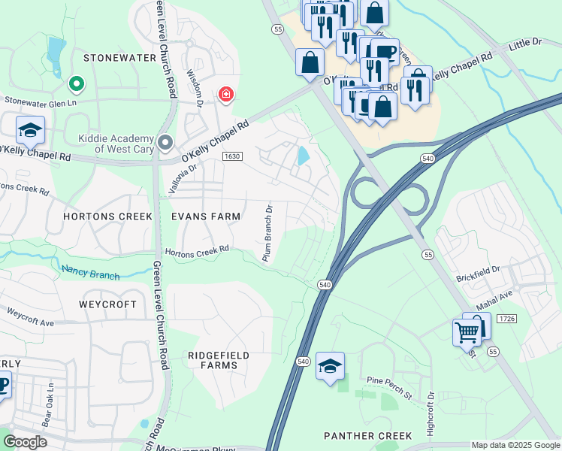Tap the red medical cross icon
[x=225, y=95]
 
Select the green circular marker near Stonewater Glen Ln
[x=76, y=83]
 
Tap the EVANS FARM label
[x=206, y=216]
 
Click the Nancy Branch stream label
[x=90, y=272]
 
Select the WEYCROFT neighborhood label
[x=108, y=304]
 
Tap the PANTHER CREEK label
[x=367, y=436]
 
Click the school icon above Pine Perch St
[x=330, y=366]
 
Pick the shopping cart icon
[x=467, y=331]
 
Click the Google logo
[x=25, y=442]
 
